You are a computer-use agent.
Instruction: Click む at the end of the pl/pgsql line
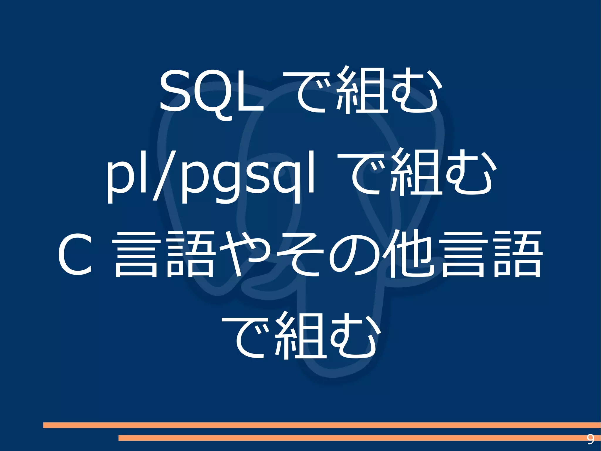point(470,173)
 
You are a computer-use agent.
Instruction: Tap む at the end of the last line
point(354,337)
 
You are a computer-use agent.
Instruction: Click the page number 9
point(590,439)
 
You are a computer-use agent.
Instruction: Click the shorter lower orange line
point(352,438)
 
